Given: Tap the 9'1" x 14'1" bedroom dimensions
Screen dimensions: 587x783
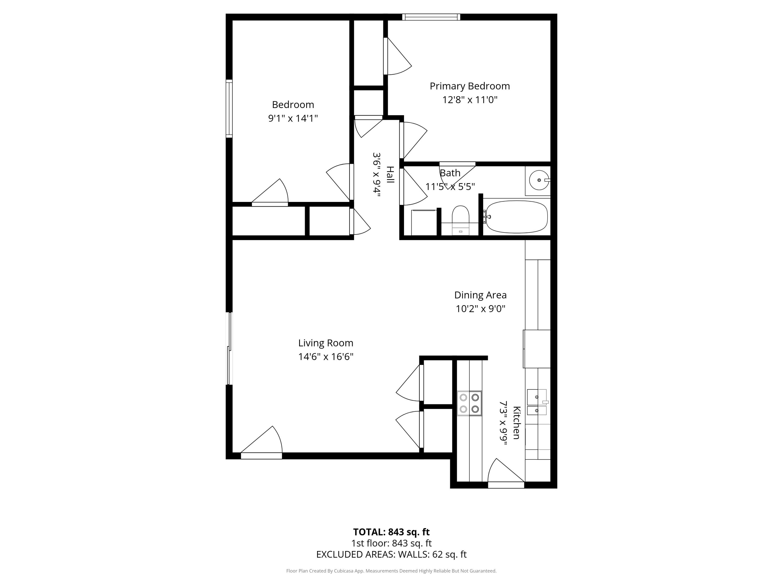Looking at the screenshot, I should pos(293,118).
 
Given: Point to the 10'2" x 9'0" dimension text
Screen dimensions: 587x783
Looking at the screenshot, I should pos(480,309).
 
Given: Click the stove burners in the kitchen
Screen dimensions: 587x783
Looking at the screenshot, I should pos(469,403).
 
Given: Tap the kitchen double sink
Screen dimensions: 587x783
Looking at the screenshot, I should pos(537,402).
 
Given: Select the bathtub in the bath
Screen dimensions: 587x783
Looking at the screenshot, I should pos(517,217).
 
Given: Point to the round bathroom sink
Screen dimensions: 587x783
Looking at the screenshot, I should pos(538,180).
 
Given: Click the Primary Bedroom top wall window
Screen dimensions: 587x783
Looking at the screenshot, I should pos(431,17).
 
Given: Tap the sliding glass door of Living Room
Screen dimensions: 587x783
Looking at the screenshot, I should pos(229,349).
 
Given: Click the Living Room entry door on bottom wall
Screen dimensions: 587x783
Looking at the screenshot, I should pos(261,456).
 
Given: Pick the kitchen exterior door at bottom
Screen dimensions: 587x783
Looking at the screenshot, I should pos(506,485).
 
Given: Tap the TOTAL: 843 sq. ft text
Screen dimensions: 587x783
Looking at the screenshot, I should pos(391,532).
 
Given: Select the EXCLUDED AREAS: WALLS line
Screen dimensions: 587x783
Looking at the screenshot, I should pos(391,554).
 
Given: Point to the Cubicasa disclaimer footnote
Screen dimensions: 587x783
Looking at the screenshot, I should pos(391,571).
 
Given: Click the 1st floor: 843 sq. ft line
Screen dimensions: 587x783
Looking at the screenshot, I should pos(391,543).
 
